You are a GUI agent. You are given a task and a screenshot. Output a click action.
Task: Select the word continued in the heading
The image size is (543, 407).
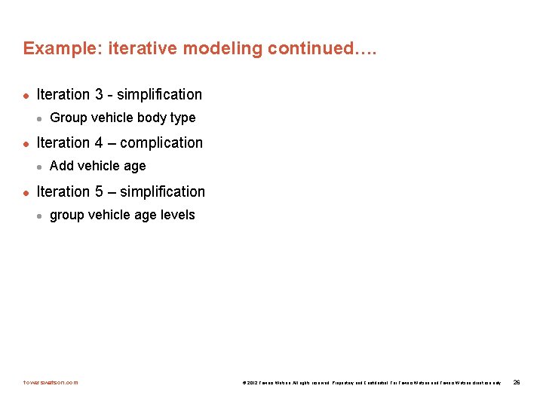tap(308, 49)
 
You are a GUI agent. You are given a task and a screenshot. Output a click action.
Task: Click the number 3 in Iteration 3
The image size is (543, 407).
tap(99, 95)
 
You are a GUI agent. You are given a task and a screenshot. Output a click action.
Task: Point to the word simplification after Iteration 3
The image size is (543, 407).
tap(159, 95)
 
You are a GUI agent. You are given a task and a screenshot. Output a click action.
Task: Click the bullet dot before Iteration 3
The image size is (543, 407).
tap(26, 95)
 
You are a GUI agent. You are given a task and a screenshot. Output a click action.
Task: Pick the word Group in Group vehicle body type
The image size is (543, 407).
tap(66, 118)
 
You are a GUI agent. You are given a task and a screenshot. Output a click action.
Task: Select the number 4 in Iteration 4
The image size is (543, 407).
tap(99, 143)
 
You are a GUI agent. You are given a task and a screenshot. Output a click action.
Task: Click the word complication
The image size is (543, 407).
tap(161, 143)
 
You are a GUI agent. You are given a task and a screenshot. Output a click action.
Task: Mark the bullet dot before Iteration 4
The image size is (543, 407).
tap(26, 143)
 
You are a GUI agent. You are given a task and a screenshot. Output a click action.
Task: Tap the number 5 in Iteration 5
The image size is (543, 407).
tap(99, 192)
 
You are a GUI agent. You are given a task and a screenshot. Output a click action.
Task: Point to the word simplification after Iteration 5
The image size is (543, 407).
tap(162, 192)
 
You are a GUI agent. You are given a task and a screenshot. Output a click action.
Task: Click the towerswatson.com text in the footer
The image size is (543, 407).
tap(51, 382)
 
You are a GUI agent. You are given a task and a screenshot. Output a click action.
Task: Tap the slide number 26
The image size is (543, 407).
tap(517, 382)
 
